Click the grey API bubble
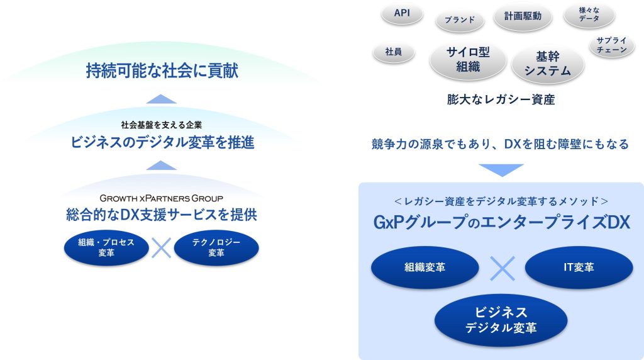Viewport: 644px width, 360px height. [402, 13]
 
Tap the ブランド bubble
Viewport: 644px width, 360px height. [460, 20]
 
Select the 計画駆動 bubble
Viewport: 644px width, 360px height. [523, 16]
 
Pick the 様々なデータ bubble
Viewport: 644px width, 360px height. [589, 14]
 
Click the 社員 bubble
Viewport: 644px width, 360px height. [394, 52]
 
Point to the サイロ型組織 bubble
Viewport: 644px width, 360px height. [468, 60]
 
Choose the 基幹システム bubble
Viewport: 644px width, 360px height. [548, 64]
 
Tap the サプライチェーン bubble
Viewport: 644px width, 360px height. [611, 45]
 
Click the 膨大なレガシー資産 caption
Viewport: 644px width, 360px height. [501, 99]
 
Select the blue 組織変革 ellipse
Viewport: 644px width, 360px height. [425, 267]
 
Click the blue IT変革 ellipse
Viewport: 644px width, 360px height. [579, 267]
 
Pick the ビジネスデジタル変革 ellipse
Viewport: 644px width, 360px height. [501, 320]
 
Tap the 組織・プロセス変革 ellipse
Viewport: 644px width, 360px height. [106, 247]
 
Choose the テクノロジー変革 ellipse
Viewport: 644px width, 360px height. [216, 247]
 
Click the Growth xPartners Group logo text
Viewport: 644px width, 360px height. [162, 198]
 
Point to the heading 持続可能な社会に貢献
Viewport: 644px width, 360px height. [162, 70]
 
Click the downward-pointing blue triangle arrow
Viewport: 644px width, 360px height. [501, 169]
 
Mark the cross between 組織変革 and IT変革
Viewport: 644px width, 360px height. [502, 269]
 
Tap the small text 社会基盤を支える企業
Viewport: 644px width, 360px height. [162, 125]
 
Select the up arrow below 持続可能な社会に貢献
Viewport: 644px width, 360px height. [162, 99]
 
